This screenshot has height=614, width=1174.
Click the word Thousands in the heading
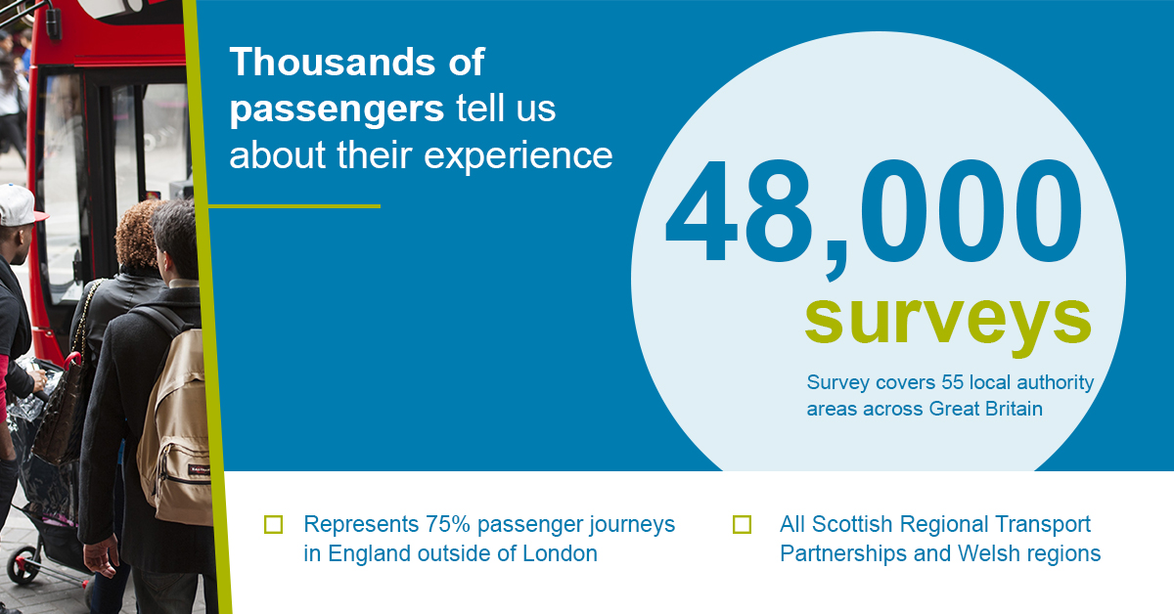333,63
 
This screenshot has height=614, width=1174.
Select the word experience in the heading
518,156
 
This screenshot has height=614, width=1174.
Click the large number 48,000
873,215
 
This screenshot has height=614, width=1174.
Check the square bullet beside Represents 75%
273,524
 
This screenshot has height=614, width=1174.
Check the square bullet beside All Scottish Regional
742,524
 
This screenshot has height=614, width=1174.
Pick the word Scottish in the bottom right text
852,524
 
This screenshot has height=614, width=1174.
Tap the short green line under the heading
294,206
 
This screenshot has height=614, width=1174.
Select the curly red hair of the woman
137,234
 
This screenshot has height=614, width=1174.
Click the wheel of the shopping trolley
20,567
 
